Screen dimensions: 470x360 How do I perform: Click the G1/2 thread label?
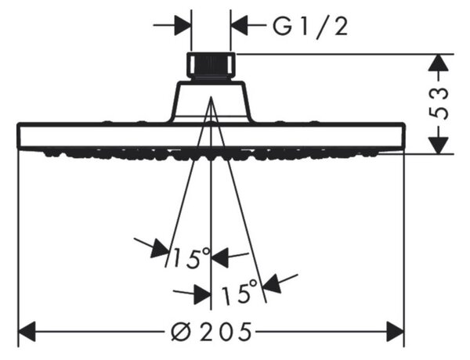pos(310,27)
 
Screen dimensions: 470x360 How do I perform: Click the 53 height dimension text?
pos(439,103)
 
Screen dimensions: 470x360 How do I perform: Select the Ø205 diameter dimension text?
pos(211,332)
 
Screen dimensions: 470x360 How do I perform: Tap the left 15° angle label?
pos(191,257)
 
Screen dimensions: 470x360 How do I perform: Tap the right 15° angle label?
pos(239,290)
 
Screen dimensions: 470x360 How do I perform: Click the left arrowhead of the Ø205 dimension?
pos(27,332)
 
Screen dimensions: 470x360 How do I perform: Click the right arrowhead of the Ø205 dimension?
pos(395,332)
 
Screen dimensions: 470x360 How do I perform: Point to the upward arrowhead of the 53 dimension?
pos(438,63)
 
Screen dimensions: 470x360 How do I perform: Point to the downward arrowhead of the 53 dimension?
pos(438,146)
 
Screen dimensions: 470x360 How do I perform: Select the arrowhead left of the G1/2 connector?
pos(183,26)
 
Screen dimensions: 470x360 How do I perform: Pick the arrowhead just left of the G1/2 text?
pos(239,26)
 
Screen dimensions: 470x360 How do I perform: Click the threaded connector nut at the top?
pos(211,66)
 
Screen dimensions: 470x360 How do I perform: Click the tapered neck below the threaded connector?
pos(211,101)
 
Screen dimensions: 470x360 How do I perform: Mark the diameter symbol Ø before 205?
pos(183,332)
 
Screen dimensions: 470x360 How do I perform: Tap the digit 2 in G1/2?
pos(341,27)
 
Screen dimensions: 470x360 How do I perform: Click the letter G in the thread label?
pos(282,27)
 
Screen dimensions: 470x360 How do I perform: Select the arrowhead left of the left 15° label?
pos(160,248)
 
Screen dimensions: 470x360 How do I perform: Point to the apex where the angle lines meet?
pos(211,96)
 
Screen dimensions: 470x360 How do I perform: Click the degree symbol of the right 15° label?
pos(252,284)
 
